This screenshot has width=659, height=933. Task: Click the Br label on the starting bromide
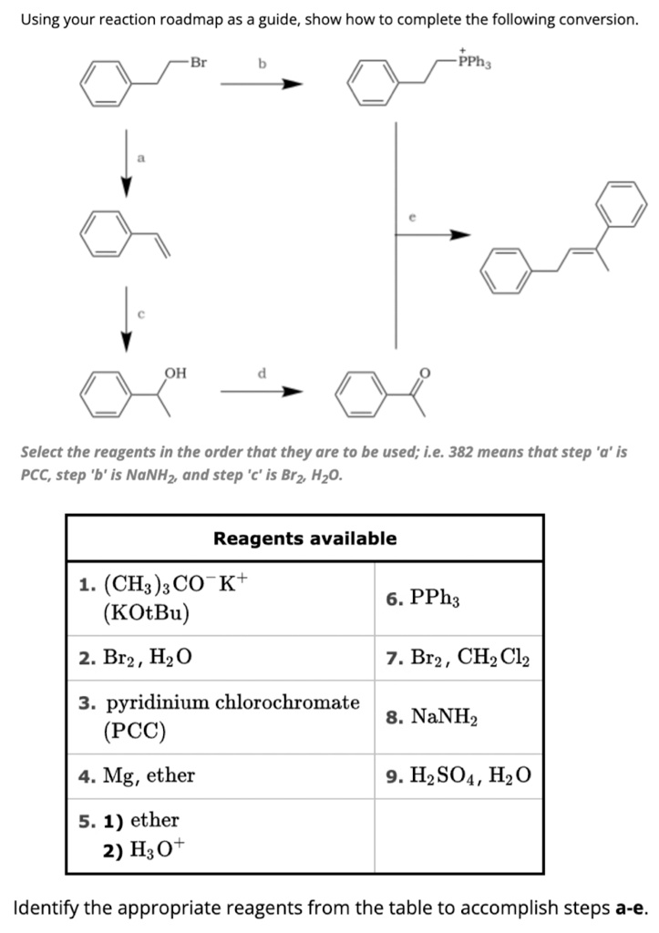point(199,63)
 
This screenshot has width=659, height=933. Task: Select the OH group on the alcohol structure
point(176,372)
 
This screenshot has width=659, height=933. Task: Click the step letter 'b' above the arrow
point(262,64)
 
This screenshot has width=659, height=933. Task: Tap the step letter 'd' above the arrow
point(262,372)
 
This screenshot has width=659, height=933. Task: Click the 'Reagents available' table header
point(304,538)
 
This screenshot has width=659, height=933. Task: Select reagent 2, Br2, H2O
point(136,658)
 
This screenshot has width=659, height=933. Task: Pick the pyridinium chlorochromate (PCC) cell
point(219,716)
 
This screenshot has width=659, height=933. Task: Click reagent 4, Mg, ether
point(137,776)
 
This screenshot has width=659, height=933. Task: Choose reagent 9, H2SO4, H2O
point(458,776)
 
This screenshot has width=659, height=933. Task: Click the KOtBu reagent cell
point(160,598)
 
